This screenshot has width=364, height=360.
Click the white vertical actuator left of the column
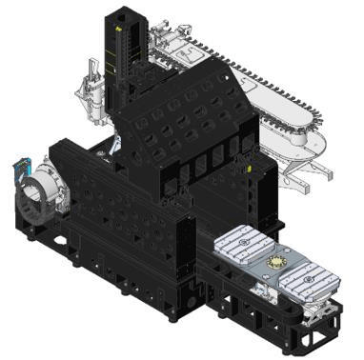(x=94, y=80)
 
